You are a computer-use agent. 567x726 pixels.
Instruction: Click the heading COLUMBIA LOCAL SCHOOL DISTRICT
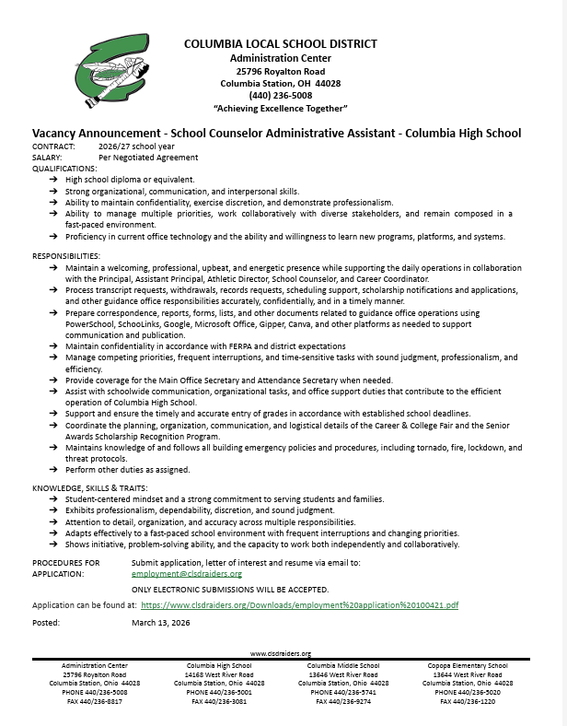(280, 44)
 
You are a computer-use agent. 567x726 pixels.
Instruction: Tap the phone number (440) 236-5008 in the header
(280, 96)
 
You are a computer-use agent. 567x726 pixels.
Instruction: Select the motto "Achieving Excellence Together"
(280, 109)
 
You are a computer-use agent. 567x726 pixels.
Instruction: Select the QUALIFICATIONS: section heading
(64, 169)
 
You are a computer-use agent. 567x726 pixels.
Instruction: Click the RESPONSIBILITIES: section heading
(65, 254)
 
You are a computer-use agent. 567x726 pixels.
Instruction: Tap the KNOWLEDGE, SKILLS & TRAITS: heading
(89, 486)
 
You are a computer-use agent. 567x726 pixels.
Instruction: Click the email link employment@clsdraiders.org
(187, 573)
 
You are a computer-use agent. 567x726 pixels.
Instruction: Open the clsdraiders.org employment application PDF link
(299, 605)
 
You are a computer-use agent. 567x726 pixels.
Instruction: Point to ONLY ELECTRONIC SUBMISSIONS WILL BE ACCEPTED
(230, 589)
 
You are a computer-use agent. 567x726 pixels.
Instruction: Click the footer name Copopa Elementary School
(467, 665)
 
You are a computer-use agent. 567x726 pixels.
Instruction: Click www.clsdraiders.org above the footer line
(280, 652)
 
